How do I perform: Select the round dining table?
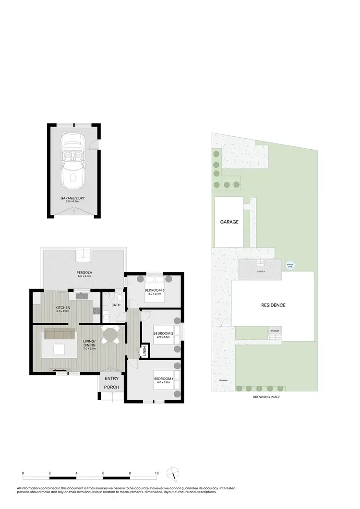click(110, 334)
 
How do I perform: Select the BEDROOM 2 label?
click(163, 333)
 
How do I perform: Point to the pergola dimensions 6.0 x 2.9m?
click(84, 276)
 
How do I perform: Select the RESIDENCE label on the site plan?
click(273, 305)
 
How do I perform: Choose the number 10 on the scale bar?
click(157, 473)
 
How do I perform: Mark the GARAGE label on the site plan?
click(229, 222)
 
